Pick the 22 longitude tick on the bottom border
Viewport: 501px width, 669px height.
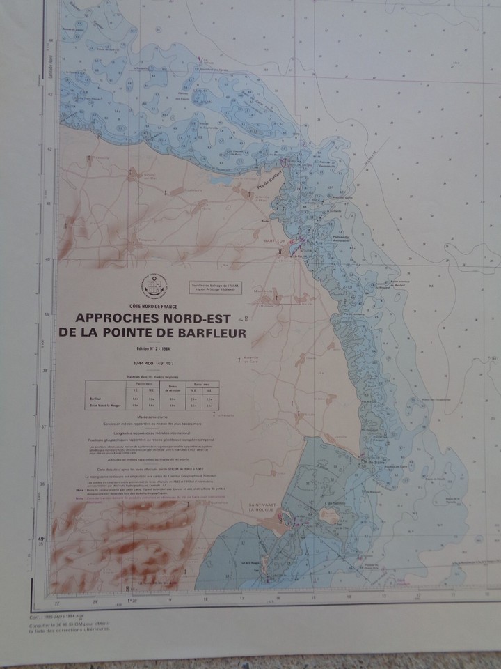pyautogui.click(x=56, y=601)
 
